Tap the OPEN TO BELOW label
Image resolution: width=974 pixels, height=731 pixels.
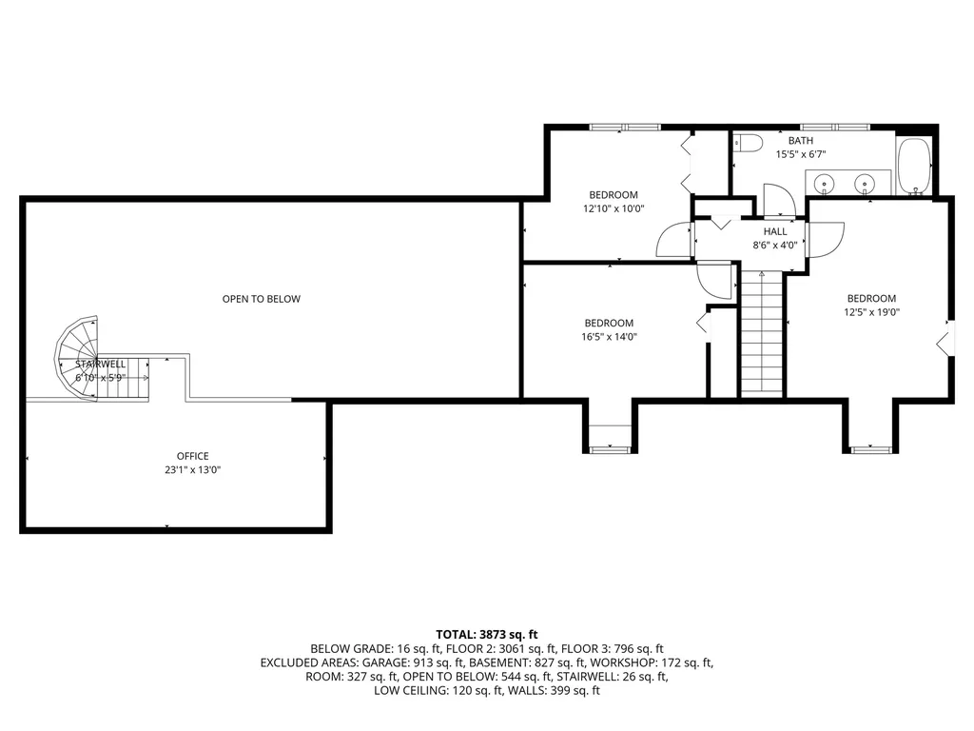[261, 299]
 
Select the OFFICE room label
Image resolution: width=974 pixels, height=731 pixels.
[192, 456]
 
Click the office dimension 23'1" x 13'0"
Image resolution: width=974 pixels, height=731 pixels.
[192, 469]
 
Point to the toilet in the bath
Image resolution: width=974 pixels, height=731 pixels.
[749, 144]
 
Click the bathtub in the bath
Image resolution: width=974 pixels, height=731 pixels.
[914, 166]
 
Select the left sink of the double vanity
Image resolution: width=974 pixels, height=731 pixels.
[825, 183]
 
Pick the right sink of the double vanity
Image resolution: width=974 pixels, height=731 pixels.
[865, 183]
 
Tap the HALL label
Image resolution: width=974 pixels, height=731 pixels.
[775, 231]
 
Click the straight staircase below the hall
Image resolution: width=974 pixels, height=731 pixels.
[761, 333]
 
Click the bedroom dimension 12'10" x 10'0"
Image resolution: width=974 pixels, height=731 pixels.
[614, 208]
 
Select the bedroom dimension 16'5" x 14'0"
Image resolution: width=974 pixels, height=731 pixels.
[609, 336]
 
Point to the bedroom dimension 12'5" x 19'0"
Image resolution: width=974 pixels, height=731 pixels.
[871, 311]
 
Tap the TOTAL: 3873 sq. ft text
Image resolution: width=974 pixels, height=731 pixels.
[487, 634]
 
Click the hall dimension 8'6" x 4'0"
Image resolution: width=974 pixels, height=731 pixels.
[775, 245]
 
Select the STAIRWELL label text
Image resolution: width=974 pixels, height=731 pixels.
[101, 364]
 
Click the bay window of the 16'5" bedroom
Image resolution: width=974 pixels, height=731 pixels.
[609, 447]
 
